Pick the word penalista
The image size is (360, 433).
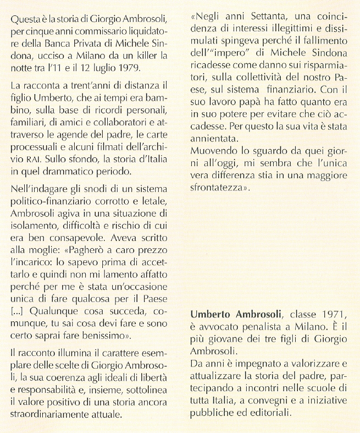tap(259, 327)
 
